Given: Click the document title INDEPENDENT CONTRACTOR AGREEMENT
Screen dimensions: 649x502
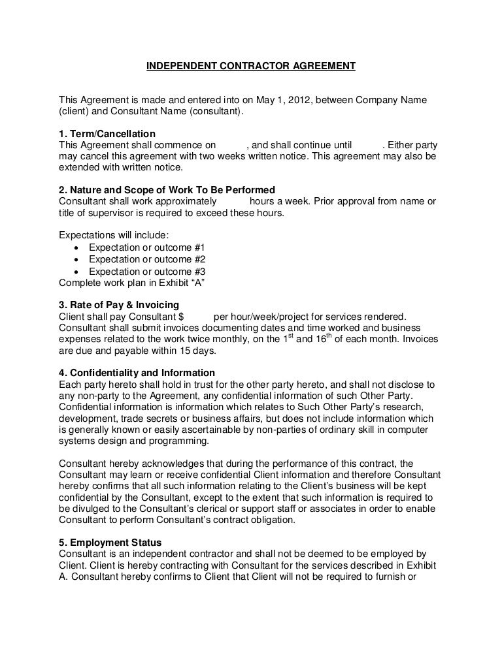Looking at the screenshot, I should (x=250, y=66).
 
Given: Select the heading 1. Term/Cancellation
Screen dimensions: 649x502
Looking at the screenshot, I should (x=107, y=134).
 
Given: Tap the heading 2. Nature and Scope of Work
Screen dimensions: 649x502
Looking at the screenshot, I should (x=167, y=191).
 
